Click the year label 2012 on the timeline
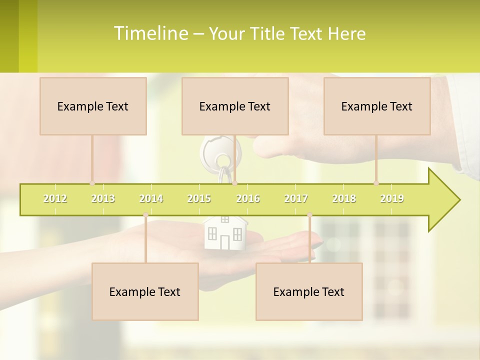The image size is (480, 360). [55, 198]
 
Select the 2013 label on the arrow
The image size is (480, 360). [103, 198]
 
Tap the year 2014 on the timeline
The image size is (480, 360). [151, 198]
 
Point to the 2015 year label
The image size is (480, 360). [199, 198]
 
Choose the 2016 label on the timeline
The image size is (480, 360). [248, 198]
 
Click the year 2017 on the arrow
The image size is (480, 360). [296, 198]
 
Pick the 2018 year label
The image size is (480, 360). [344, 198]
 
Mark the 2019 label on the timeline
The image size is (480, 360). [392, 198]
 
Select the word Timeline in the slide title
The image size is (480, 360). [150, 33]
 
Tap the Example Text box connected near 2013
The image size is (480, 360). [93, 106]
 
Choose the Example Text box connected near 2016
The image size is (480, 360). [235, 106]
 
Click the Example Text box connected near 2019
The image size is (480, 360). [377, 106]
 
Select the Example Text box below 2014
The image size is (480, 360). [145, 291]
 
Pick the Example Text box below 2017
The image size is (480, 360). [309, 291]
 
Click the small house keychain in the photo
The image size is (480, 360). [225, 232]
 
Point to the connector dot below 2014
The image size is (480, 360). [145, 215]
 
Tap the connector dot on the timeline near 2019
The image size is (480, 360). [376, 183]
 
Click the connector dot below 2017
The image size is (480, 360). [309, 215]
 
